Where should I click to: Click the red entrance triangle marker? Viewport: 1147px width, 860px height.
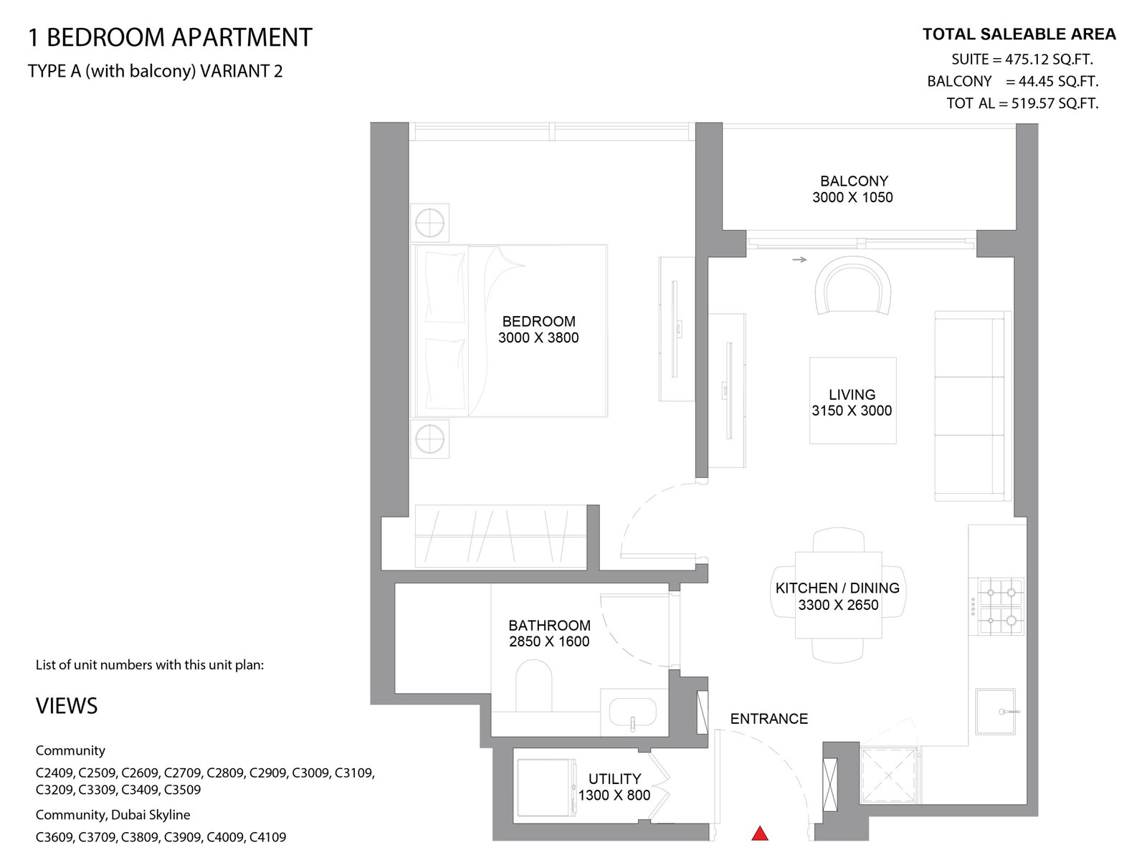pos(759,833)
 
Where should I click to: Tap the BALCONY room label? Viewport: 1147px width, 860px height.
pos(853,181)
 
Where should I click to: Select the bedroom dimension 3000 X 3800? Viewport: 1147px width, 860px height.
pos(538,338)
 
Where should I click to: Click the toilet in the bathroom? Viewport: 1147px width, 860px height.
pos(533,686)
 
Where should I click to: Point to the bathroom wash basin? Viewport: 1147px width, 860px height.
pos(632,712)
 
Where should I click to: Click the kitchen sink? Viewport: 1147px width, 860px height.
pos(995,712)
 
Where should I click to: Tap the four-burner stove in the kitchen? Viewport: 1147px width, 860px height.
pos(996,606)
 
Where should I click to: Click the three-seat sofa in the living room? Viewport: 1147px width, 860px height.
pos(973,406)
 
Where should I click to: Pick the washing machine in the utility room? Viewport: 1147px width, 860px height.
pos(547,788)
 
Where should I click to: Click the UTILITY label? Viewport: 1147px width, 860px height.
pos(614,778)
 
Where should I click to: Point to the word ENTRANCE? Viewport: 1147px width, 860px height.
pos(768,719)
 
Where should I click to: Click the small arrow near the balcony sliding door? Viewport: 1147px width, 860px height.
pos(799,259)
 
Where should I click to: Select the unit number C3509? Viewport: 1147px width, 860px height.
pos(182,789)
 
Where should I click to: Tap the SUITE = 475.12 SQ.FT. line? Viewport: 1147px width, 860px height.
pos(1022,59)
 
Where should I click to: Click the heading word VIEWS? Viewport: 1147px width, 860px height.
pos(67,706)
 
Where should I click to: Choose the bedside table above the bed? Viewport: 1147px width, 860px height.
pos(429,223)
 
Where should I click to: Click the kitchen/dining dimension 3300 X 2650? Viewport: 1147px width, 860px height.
pos(838,605)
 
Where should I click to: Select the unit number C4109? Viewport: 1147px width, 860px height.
pos(267,837)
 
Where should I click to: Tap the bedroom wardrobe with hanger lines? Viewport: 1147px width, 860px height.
pos(500,536)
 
